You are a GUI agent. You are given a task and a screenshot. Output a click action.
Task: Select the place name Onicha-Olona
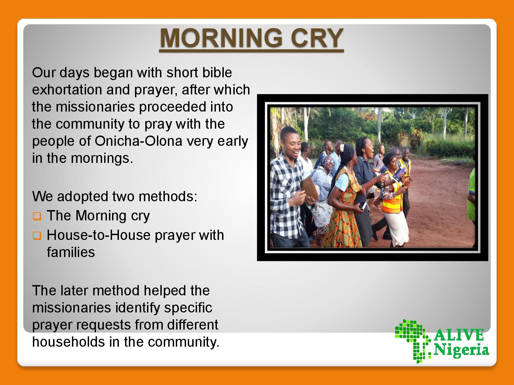[x=138, y=141]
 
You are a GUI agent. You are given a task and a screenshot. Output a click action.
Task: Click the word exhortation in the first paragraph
[x=67, y=90]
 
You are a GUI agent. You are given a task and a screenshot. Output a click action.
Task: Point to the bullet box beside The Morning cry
[x=37, y=216]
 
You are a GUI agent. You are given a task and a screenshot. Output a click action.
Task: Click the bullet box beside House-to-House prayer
[x=37, y=236]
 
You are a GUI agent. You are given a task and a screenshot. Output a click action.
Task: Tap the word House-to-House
[x=99, y=235]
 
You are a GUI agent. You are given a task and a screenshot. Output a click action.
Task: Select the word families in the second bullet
[x=71, y=252]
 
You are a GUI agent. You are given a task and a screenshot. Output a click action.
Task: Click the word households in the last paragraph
[x=69, y=342]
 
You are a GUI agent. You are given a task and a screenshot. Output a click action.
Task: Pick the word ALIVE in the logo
[x=459, y=335]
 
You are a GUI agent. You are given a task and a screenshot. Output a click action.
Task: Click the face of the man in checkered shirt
[x=290, y=143]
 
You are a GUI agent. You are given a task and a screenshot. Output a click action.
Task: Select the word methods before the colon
[x=168, y=196]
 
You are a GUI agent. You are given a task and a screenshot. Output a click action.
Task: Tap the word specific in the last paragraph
[x=188, y=308]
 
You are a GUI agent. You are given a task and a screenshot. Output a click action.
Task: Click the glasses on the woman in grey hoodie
[x=329, y=161]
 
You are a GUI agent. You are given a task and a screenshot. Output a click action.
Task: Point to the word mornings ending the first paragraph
[x=102, y=158]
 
